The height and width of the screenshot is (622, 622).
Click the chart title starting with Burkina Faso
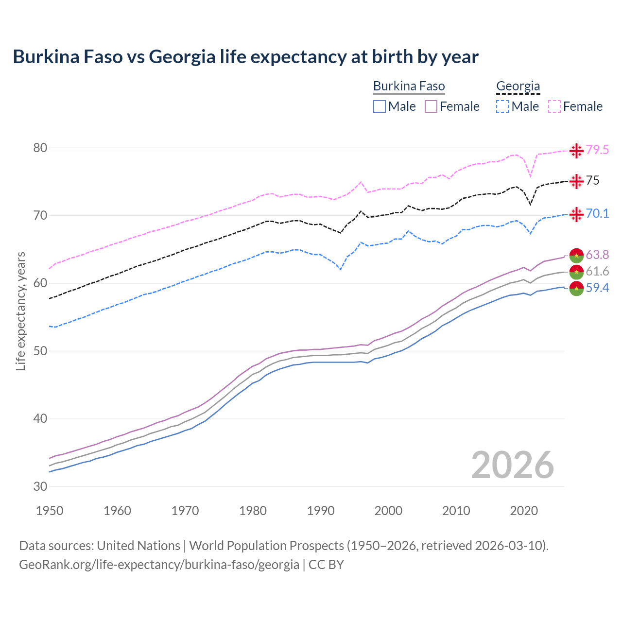tap(245, 57)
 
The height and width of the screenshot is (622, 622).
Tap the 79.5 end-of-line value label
tap(597, 150)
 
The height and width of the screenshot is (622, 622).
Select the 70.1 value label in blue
tap(597, 213)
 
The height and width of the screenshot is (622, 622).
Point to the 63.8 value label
tap(597, 255)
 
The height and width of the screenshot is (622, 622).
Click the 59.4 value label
tap(597, 288)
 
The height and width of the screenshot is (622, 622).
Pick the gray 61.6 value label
tap(597, 271)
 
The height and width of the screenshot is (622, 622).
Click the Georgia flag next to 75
tap(576, 181)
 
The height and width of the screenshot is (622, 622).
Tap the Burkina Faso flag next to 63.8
tap(576, 255)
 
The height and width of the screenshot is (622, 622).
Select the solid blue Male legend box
tap(380, 106)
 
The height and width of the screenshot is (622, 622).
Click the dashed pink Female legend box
tap(554, 106)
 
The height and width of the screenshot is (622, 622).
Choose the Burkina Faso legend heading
tap(409, 86)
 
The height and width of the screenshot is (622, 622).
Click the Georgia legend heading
tap(518, 86)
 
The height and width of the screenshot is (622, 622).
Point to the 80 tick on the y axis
tap(40, 148)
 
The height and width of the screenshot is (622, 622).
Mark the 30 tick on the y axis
tap(40, 486)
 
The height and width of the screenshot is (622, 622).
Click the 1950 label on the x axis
tap(50, 511)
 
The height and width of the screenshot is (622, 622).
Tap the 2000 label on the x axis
tap(388, 511)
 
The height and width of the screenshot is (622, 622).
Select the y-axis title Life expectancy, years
tap(20, 311)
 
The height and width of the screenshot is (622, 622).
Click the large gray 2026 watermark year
tap(512, 465)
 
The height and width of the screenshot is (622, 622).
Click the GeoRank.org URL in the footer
tap(159, 565)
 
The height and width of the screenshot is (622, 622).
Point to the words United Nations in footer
tap(138, 546)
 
